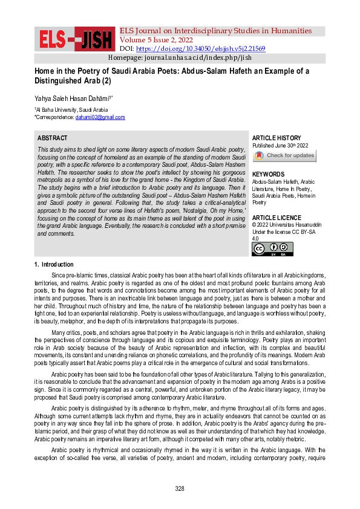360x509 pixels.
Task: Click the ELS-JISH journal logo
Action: click(x=76, y=39)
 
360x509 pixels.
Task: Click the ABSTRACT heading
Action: click(x=52, y=138)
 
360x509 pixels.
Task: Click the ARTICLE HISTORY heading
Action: click(x=276, y=138)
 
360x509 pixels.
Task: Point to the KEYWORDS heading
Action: click(x=269, y=173)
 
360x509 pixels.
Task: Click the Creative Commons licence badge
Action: click(x=272, y=249)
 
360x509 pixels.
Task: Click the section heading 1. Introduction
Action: click(x=54, y=265)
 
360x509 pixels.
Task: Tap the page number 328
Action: click(x=180, y=488)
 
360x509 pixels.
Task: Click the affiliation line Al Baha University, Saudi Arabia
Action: click(x=71, y=110)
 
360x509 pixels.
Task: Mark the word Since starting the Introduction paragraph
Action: click(x=59, y=276)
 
